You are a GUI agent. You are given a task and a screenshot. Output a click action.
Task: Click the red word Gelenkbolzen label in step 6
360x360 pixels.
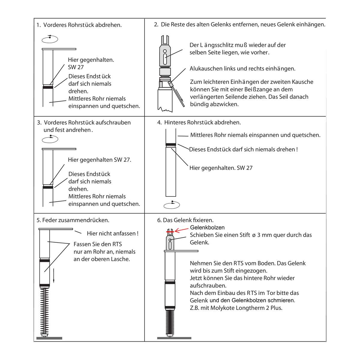(x=207, y=227)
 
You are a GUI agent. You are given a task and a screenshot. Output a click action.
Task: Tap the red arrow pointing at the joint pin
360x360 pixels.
(x=181, y=230)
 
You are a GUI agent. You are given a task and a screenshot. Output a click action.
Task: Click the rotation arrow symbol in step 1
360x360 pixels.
(x=50, y=39)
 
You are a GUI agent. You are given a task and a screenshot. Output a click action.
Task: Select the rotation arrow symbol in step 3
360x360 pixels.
(x=50, y=139)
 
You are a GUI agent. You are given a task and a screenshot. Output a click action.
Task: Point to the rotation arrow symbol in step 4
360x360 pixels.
(x=172, y=205)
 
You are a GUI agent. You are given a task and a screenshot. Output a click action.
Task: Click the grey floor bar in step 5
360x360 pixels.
(x=49, y=338)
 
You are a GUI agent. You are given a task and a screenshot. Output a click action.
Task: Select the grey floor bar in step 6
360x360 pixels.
(x=174, y=338)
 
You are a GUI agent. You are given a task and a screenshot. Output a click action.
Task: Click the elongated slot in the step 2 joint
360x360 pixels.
(x=165, y=59)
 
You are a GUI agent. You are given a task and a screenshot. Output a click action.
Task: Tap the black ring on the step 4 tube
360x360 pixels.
(x=171, y=144)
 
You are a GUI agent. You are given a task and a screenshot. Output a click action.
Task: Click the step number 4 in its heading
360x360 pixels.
(x=159, y=123)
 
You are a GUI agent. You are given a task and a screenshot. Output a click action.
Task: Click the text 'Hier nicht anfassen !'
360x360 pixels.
(x=113, y=233)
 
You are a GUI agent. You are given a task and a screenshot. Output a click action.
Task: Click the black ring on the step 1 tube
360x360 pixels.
(x=48, y=87)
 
